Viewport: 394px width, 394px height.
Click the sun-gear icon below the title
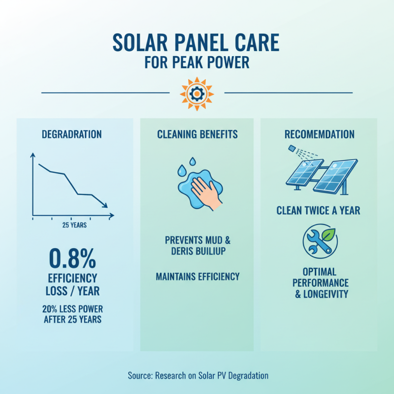pyautogui.click(x=197, y=92)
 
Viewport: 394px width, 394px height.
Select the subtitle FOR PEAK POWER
pyautogui.click(x=197, y=64)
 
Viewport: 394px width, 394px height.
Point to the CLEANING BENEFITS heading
pyautogui.click(x=197, y=134)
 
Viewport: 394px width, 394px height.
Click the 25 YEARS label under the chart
pyautogui.click(x=74, y=225)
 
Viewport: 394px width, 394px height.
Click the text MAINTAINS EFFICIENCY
pyautogui.click(x=197, y=277)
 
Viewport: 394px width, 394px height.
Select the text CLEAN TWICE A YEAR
pyautogui.click(x=319, y=211)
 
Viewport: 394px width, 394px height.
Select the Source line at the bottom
pyautogui.click(x=197, y=375)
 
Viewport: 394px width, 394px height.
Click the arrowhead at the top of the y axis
pyautogui.click(x=33, y=155)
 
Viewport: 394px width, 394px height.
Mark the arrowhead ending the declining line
pyautogui.click(x=105, y=205)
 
